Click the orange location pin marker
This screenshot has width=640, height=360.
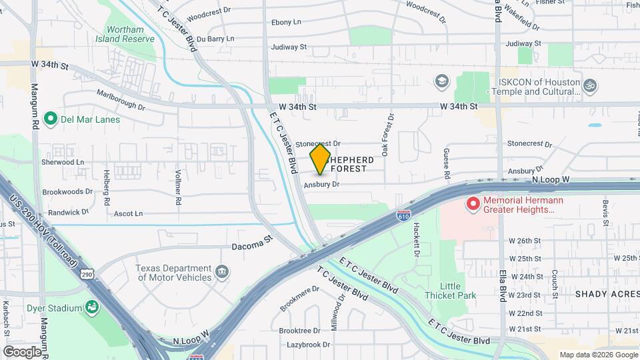pyautogui.click(x=320, y=159)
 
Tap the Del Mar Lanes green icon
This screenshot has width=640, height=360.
pyautogui.click(x=50, y=119)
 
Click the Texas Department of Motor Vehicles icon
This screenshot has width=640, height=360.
pyautogui.click(x=223, y=273)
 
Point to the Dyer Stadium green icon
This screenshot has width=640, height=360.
pyautogui.click(x=91, y=307)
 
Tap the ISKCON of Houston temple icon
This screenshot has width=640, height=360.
pyautogui.click(x=589, y=85)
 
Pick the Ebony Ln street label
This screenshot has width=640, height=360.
pyautogui.click(x=286, y=22)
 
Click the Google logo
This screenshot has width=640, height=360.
pyautogui.click(x=22, y=351)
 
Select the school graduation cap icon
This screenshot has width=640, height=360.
pyautogui.click(x=440, y=81)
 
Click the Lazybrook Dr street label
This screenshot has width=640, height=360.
pyautogui.click(x=308, y=345)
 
